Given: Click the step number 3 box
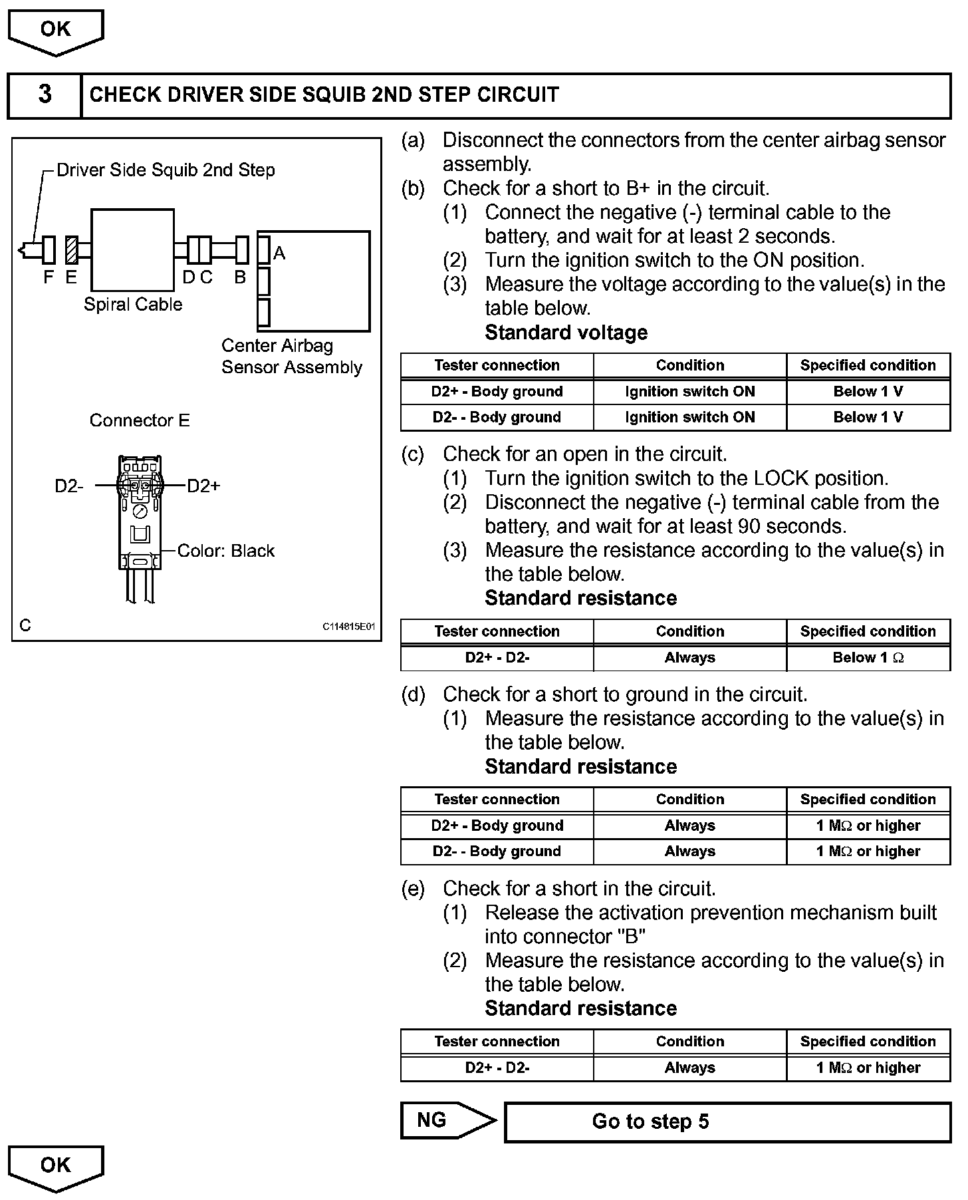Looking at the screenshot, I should click(45, 95).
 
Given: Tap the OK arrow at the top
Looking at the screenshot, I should click(55, 31).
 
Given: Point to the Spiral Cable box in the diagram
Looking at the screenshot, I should click(132, 249).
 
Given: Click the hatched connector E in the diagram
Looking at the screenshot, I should click(72, 250).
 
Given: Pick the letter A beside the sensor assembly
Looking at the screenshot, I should click(279, 253).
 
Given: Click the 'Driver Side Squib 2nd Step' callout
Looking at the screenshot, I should click(166, 170).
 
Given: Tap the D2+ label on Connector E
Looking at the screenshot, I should click(203, 486).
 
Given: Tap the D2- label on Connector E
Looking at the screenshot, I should click(69, 486).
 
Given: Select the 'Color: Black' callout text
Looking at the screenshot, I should click(226, 551).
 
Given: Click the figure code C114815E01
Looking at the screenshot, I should click(349, 627).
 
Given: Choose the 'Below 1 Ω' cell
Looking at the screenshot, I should click(868, 658).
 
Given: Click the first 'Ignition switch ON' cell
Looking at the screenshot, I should click(689, 391).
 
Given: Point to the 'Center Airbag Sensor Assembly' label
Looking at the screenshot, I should click(291, 357).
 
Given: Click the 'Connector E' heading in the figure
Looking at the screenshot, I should click(140, 420).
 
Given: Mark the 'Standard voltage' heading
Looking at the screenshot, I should click(566, 333).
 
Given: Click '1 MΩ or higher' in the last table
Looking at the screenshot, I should click(868, 1068).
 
